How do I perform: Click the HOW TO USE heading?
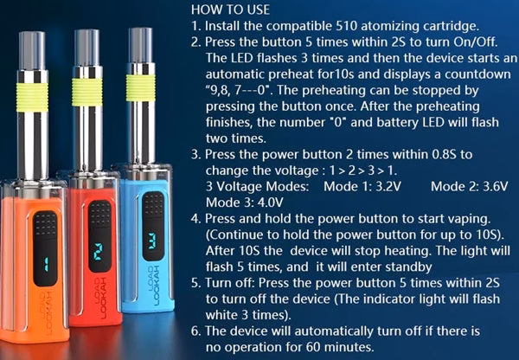point(230,10)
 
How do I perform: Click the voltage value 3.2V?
point(388,186)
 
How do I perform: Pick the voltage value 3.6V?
point(495,186)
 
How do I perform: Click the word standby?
point(408,267)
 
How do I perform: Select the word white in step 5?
point(221,314)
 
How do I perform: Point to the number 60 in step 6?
point(313,347)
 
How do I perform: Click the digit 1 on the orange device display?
point(46,265)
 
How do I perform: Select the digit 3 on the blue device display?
point(153,241)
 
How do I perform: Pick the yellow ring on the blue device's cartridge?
point(141,87)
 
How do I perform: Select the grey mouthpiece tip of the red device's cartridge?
point(86,48)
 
